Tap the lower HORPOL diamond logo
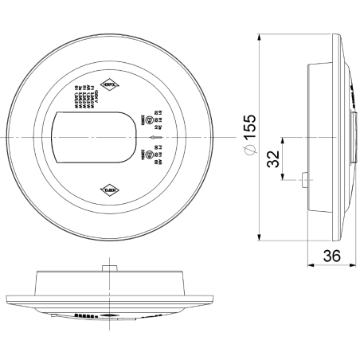tap(110, 190)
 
